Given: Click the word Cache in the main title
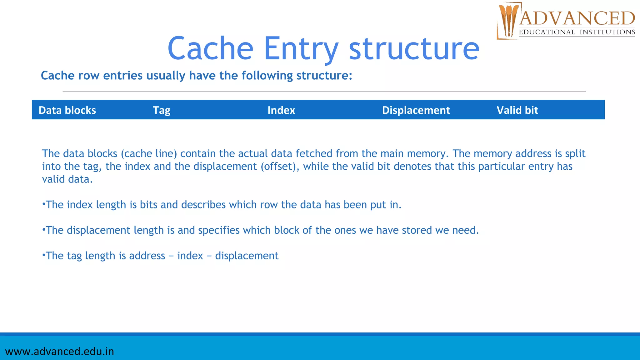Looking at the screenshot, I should click(x=210, y=48).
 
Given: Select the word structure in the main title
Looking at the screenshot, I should click(x=414, y=48).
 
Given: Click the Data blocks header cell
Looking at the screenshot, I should click(x=67, y=110).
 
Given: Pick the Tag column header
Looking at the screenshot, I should click(x=162, y=110).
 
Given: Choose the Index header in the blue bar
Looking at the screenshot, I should click(x=281, y=110).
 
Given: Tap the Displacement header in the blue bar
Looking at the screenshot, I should click(x=416, y=110).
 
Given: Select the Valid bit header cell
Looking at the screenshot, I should click(x=517, y=110).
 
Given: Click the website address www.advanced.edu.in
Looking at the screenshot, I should click(x=60, y=352).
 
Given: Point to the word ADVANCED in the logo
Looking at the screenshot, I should click(x=577, y=18).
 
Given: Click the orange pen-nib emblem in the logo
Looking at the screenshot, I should click(x=508, y=20).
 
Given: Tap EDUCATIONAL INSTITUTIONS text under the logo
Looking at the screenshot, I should click(x=577, y=32).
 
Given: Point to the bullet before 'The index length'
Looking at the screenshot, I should click(x=44, y=204).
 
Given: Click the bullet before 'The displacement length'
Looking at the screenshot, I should click(x=44, y=230).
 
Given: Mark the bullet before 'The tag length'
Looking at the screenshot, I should click(x=44, y=255).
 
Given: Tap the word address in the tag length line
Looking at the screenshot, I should click(x=147, y=256).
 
